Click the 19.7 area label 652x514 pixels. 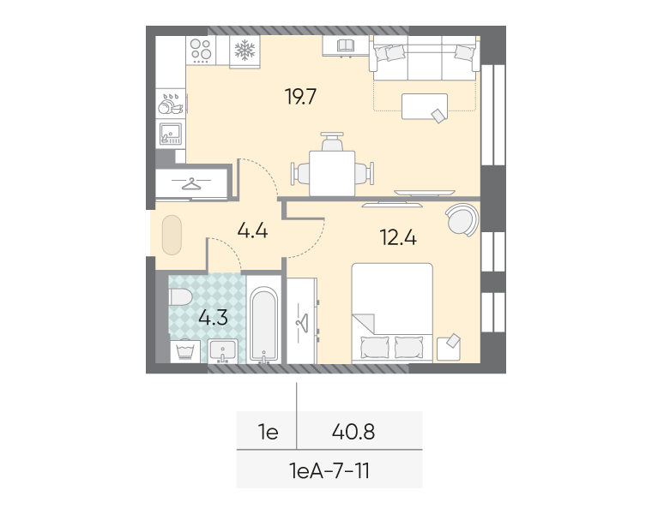(300, 96)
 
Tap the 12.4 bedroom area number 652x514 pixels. (398, 237)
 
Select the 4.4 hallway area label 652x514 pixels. (252, 230)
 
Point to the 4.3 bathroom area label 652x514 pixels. (213, 318)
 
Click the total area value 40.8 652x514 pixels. (353, 432)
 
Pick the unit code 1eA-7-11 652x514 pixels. (329, 471)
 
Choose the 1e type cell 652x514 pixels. (269, 433)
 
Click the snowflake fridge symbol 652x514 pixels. (244, 51)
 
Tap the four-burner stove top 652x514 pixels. (201, 51)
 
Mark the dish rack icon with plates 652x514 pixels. (171, 105)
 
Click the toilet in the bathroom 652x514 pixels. (180, 297)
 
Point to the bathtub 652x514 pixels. (263, 325)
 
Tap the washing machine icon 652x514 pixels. (185, 352)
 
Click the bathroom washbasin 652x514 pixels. (223, 351)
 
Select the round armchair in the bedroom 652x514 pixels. (462, 219)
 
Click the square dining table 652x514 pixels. (332, 173)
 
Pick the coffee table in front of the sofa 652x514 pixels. (425, 107)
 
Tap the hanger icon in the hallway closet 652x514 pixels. (191, 183)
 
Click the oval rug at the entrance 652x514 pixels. (172, 235)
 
